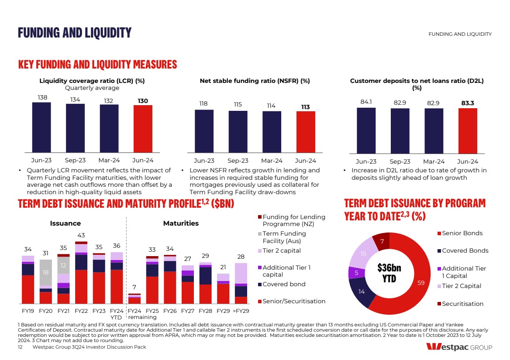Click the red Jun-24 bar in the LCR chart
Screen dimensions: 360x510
(x=143, y=128)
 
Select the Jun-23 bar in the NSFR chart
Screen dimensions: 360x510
(x=204, y=131)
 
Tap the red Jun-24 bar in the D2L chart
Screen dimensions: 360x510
(x=468, y=130)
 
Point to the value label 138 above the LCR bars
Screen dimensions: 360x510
(x=42, y=97)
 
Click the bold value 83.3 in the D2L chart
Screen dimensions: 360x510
(x=468, y=103)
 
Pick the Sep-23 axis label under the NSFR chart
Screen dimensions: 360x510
(x=238, y=161)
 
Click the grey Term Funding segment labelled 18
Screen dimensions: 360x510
(x=45, y=272)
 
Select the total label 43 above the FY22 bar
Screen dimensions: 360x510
(x=81, y=236)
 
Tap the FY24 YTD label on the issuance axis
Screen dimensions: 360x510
(x=116, y=314)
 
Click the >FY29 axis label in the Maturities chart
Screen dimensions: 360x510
(x=241, y=311)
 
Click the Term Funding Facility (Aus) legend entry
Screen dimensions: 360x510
(x=284, y=237)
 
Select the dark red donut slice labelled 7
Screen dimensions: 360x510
(x=381, y=241)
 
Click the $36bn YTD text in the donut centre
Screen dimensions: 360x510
(x=389, y=273)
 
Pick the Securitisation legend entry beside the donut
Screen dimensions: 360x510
(x=462, y=304)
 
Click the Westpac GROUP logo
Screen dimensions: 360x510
(x=459, y=347)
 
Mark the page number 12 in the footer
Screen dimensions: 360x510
(x=20, y=347)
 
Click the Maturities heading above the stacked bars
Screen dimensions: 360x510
(x=181, y=223)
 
